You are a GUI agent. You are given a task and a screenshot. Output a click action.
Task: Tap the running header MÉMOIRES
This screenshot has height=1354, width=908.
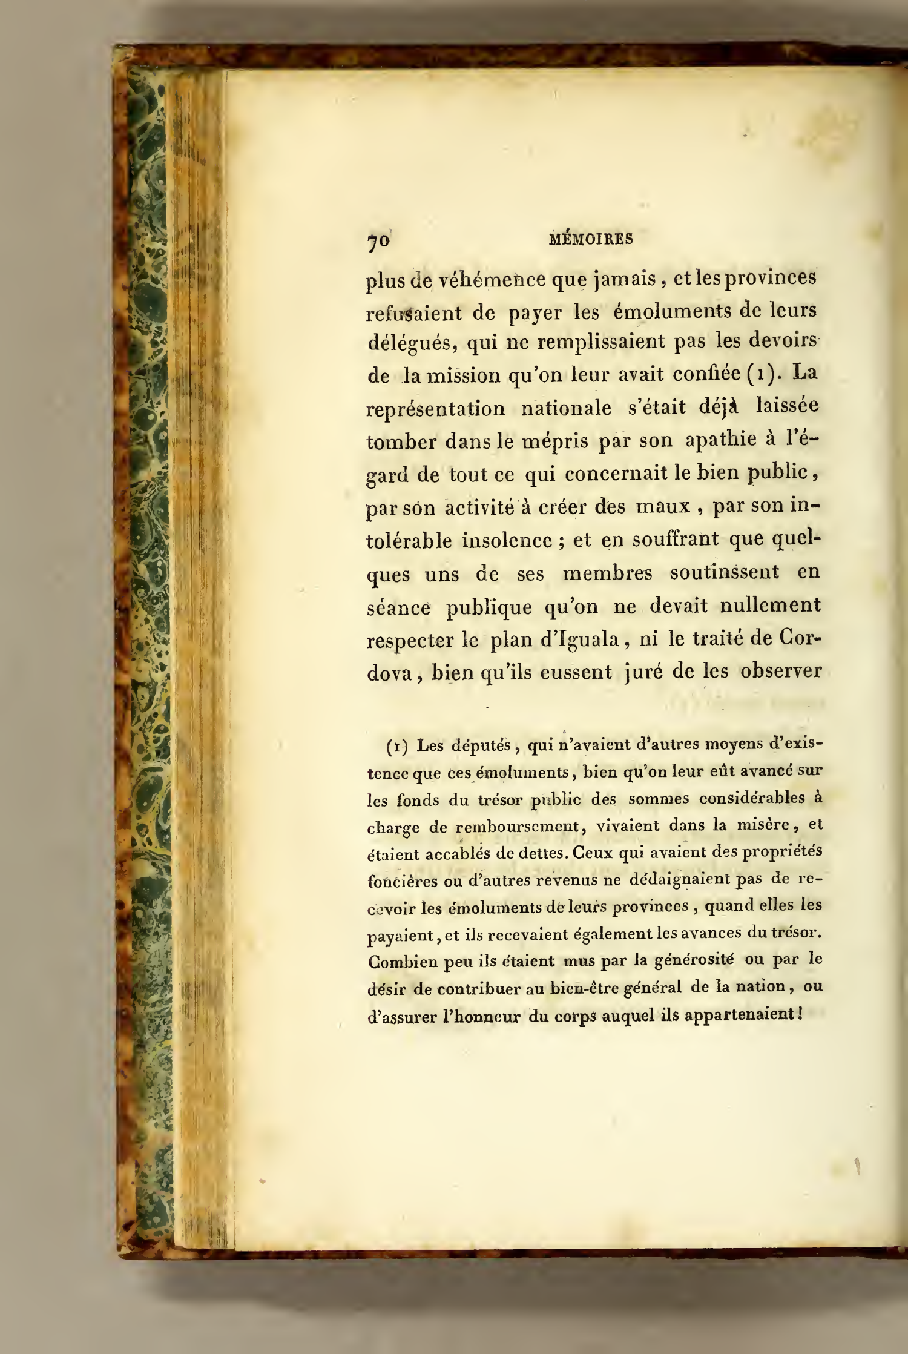[590, 239]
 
